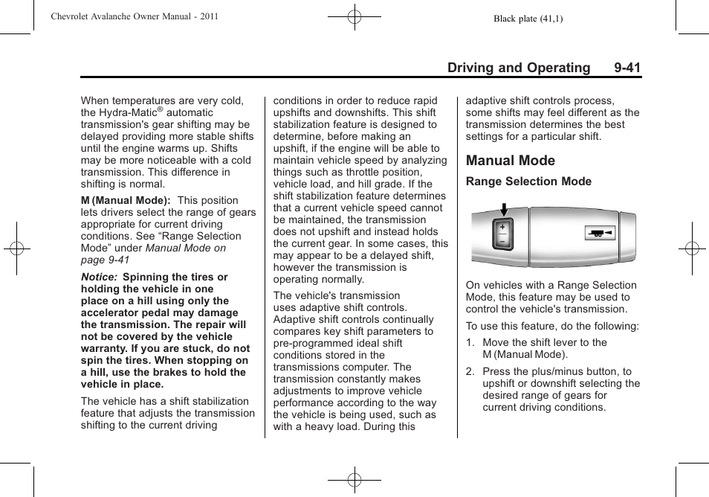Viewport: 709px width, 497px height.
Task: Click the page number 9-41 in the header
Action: [627, 68]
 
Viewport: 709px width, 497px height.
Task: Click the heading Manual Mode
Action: [510, 161]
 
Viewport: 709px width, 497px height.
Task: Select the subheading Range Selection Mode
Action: [528, 182]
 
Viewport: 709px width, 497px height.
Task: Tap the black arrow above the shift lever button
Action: [502, 209]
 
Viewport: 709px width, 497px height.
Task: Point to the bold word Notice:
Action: [99, 277]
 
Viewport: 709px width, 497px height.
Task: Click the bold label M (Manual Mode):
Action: [126, 200]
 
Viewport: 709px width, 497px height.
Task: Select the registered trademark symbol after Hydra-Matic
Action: [159, 109]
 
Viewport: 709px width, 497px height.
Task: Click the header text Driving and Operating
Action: [519, 68]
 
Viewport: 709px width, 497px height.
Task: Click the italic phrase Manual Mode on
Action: [186, 248]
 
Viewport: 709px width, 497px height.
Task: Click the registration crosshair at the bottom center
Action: [354, 481]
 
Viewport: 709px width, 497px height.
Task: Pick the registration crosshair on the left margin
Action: [16, 248]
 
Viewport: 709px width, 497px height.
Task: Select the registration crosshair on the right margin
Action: [692, 248]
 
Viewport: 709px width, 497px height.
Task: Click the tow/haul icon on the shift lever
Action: [599, 234]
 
